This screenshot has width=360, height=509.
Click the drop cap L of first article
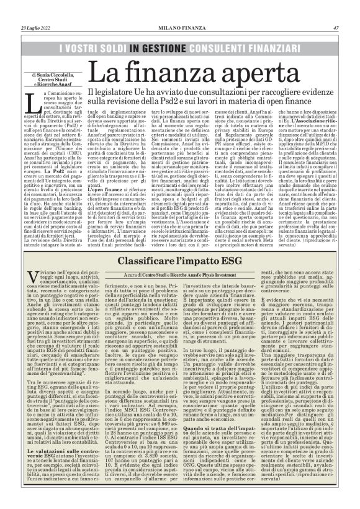31,100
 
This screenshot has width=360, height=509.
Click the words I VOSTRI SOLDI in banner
92,47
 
